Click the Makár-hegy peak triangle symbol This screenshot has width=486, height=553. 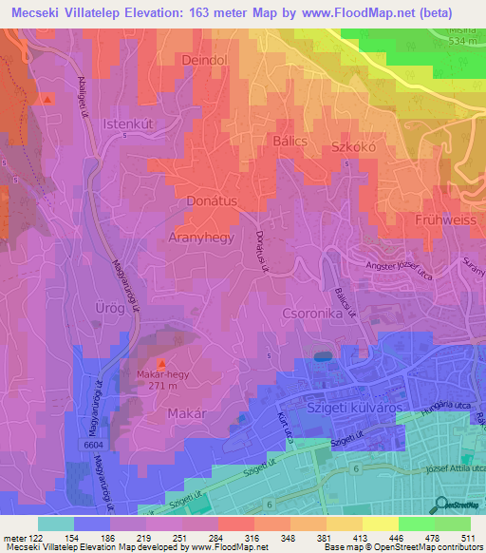pyautogui.click(x=159, y=365)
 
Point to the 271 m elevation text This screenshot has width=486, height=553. pyautogui.click(x=161, y=388)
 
